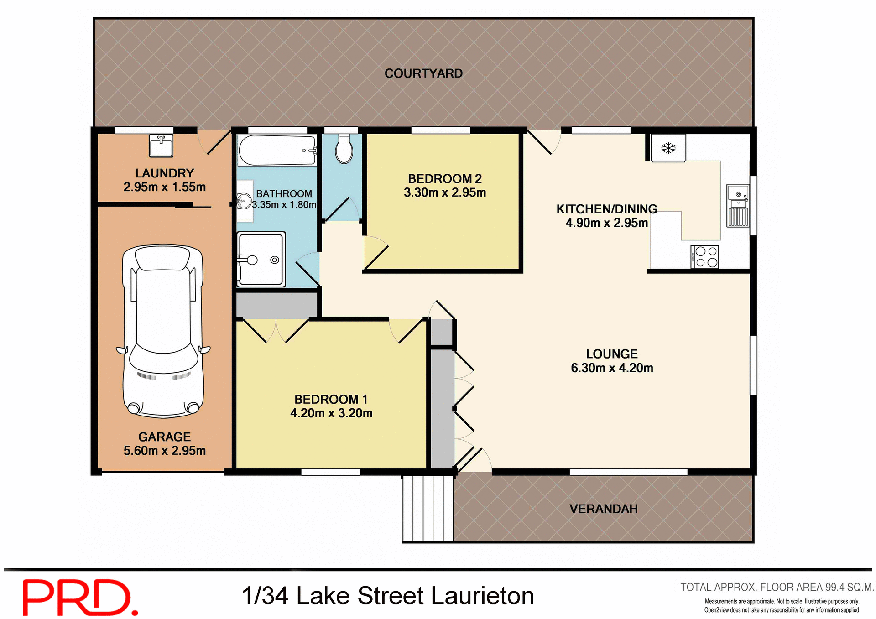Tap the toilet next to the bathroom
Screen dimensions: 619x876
tap(344, 150)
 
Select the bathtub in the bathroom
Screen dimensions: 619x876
tap(276, 150)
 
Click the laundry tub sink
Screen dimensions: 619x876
tap(161, 146)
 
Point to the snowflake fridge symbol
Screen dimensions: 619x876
tap(668, 148)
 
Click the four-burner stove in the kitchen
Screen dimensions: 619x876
tap(704, 256)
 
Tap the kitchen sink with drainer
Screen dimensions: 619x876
tap(738, 205)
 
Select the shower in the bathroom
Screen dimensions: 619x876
tap(261, 260)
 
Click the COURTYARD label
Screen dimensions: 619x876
tap(423, 73)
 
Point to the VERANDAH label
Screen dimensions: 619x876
tap(603, 509)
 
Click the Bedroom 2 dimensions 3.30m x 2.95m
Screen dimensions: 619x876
tap(445, 192)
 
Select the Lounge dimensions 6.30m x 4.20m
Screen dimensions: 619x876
tap(612, 368)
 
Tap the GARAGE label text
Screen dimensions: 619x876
tap(164, 437)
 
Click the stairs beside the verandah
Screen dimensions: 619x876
tap(428, 508)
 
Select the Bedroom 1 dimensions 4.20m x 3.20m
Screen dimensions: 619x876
tap(331, 413)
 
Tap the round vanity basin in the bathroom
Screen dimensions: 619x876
tap(244, 201)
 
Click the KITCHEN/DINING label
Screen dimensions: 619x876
tap(606, 209)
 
